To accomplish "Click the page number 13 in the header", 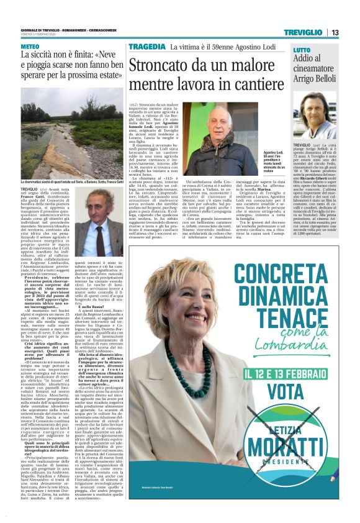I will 335,32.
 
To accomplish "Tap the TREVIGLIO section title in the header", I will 302,32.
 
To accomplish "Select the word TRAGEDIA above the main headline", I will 147,47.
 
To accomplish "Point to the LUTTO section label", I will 302,50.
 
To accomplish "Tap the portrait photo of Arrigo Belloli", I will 315,116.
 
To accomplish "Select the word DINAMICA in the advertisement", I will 289,297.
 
